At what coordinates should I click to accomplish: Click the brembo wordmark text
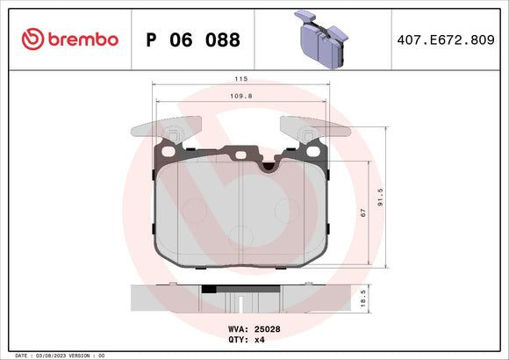(82, 40)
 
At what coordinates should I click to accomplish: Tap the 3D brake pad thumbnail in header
(321, 40)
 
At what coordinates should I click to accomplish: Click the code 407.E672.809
(448, 40)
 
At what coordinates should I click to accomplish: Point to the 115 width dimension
(241, 79)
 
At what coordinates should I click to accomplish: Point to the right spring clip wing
(320, 128)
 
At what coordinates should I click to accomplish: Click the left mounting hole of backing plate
(175, 136)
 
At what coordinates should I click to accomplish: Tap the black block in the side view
(209, 288)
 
